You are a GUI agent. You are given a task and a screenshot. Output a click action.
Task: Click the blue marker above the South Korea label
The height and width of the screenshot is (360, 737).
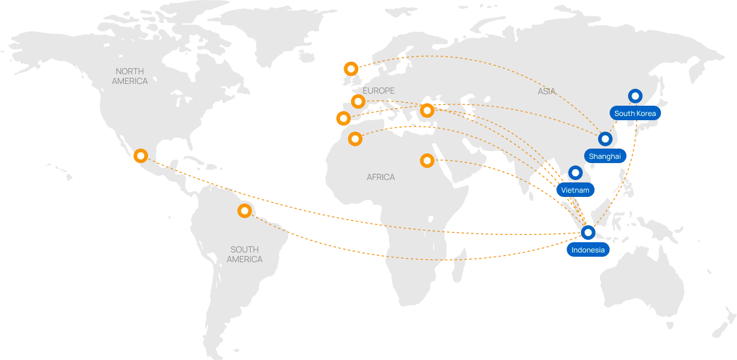635,95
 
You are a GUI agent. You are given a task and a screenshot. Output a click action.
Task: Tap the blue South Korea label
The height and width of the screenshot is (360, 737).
634,114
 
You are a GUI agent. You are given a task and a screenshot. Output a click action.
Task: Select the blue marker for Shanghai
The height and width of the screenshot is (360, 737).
605,139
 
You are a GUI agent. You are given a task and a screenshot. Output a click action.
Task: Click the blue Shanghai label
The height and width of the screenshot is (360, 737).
604,156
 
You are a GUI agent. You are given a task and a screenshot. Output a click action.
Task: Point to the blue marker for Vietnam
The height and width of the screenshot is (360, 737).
575,173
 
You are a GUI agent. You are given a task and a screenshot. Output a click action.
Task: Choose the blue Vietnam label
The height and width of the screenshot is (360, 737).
574,190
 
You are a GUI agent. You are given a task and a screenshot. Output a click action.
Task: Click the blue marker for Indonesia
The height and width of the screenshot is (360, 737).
588,232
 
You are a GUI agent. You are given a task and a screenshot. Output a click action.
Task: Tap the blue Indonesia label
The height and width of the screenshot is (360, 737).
588,250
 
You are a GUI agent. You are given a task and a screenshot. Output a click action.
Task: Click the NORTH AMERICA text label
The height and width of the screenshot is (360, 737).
130,76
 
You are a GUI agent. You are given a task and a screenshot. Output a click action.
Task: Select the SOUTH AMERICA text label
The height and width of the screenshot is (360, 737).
245,254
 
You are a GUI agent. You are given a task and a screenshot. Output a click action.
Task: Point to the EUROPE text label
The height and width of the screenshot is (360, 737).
379,91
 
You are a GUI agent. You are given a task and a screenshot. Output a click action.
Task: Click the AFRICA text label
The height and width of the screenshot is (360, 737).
381,177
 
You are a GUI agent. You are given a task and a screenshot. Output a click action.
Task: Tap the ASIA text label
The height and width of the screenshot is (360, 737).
546,92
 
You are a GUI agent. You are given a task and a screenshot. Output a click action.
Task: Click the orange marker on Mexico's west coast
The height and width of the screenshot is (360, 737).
141,156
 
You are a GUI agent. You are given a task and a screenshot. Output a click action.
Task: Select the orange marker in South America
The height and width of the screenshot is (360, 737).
244,211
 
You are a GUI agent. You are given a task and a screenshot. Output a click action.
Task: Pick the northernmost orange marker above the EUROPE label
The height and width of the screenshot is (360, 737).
350,68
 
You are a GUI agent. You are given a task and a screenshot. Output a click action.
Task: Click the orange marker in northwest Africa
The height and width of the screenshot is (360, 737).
355,139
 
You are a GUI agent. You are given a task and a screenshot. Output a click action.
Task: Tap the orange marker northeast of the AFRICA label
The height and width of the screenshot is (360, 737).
427,160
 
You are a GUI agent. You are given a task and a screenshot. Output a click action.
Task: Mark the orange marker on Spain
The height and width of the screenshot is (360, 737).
343,118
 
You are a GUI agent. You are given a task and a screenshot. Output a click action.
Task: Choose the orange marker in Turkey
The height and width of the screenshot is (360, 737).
427,111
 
